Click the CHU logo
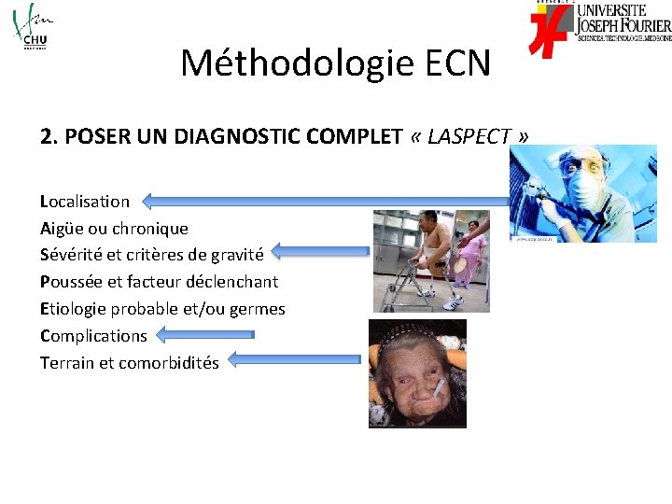(30, 27)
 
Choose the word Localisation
(85, 201)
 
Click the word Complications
(93, 335)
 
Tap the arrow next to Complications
(204, 333)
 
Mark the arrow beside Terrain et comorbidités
(293, 358)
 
